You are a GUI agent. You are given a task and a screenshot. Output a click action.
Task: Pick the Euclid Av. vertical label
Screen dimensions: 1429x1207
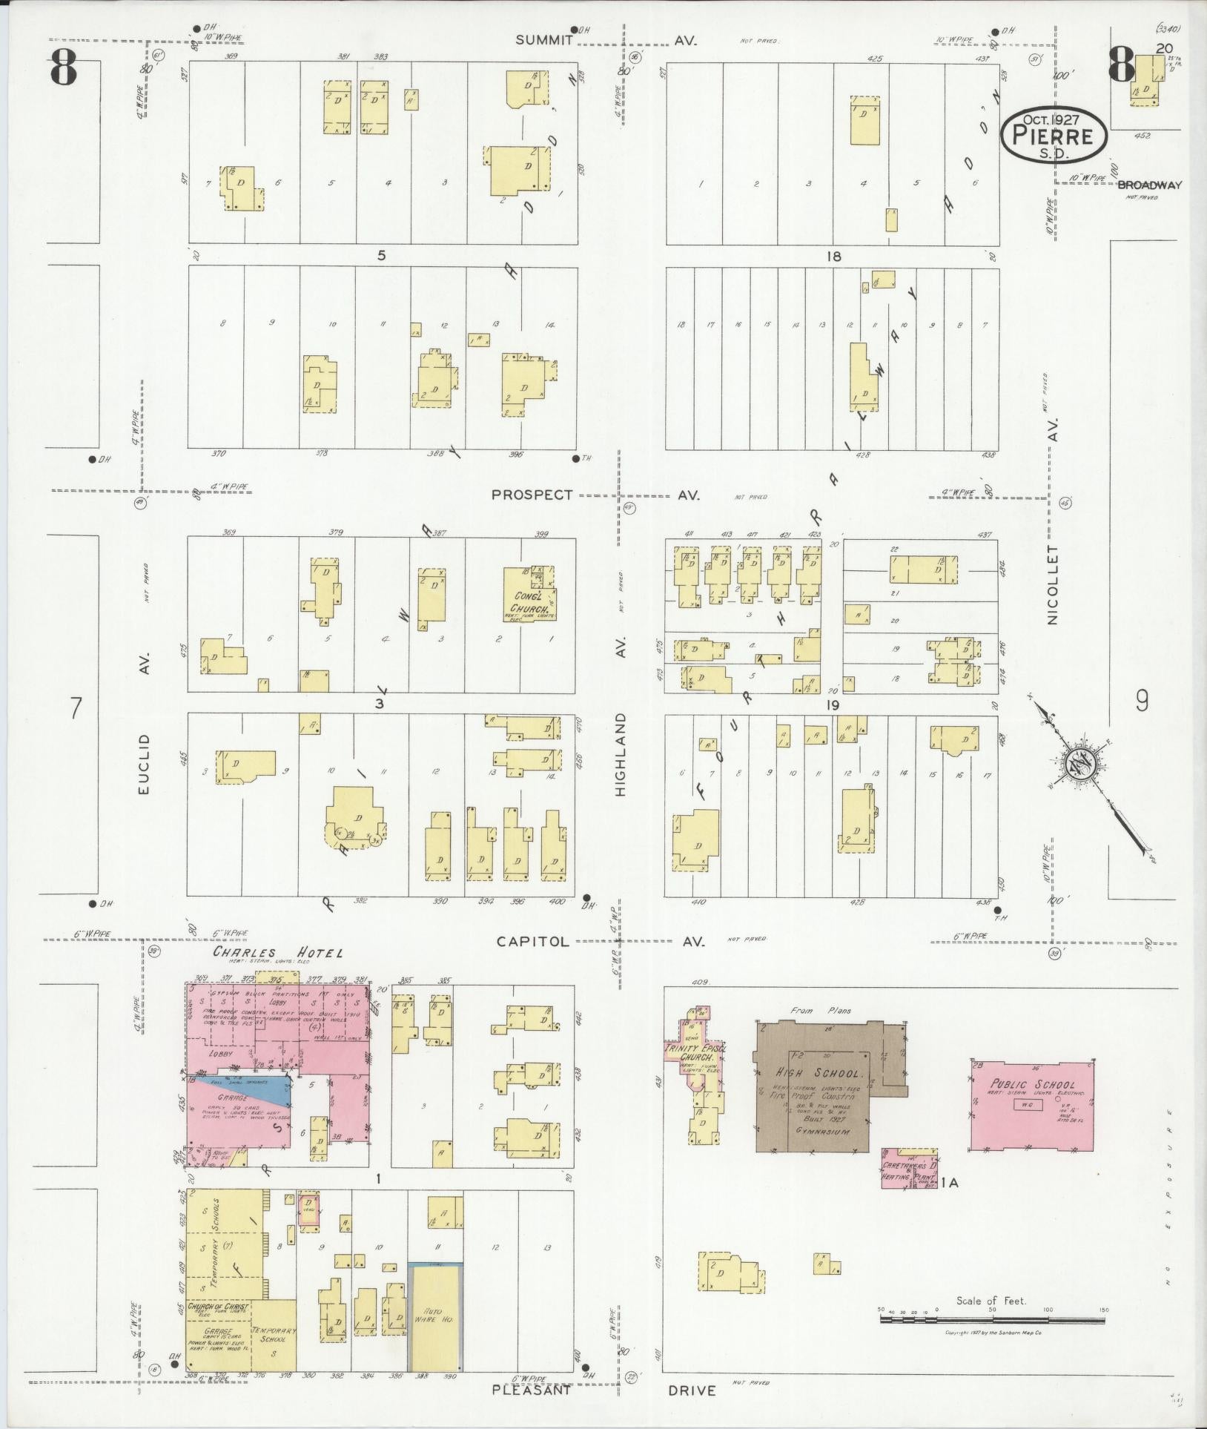click(x=144, y=764)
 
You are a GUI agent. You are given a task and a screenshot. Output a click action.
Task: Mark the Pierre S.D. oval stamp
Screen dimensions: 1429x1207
click(x=1054, y=136)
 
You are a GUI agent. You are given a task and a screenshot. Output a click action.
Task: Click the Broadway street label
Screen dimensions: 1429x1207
click(x=1148, y=185)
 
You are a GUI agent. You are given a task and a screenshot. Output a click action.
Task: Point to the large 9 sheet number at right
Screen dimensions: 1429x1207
click(x=1142, y=701)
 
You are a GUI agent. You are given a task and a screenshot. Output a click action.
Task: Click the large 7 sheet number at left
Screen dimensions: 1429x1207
click(x=74, y=708)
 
